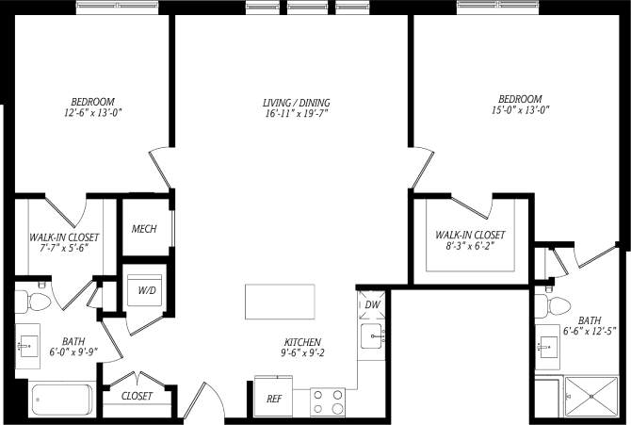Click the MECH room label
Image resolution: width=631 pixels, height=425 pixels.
point(144,229)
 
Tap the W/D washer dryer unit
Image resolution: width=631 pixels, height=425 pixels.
point(146,290)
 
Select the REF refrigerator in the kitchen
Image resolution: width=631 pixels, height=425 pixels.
point(273,398)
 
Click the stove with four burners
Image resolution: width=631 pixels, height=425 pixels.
point(328,401)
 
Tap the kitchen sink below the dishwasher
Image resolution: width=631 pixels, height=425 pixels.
point(372,335)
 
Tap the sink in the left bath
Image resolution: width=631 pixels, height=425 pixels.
point(27,344)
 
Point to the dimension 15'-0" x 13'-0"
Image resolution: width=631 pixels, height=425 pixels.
point(518,110)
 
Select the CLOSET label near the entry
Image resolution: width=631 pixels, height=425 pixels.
point(137,396)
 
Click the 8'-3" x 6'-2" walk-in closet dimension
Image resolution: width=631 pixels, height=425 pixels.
point(469,247)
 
